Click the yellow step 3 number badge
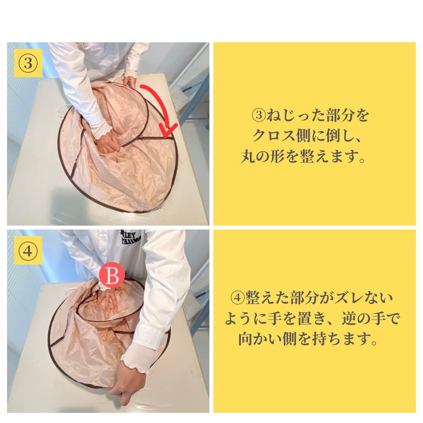tap(28, 63)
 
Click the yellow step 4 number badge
tap(28, 250)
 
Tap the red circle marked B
tap(112, 275)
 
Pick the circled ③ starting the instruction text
tap(258, 115)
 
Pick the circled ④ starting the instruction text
tap(237, 298)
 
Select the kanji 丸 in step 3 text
tap(248, 156)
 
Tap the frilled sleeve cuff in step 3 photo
tap(101, 130)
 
